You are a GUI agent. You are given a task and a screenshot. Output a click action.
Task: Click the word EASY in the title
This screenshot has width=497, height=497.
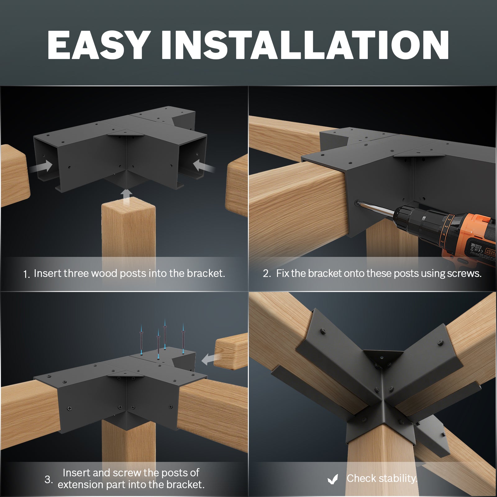coord(97,45)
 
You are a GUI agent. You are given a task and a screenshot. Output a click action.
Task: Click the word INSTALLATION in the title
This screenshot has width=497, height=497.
coord(305,45)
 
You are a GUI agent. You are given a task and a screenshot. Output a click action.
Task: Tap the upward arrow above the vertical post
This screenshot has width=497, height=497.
coord(127,197)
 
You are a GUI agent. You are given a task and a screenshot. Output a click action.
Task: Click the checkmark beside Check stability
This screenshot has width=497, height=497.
coord(333,479)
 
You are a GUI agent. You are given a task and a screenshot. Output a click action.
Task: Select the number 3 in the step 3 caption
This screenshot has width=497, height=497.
coord(48,479)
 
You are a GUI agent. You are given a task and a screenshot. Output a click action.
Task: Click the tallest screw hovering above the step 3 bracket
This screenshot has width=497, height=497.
coord(165,334)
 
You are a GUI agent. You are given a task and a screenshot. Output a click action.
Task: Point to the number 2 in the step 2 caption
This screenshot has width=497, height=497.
coord(267,273)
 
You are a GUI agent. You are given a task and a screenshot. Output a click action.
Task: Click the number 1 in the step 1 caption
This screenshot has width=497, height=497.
coord(26,274)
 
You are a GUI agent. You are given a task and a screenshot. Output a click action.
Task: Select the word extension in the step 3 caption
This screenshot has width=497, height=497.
coord(80,485)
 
